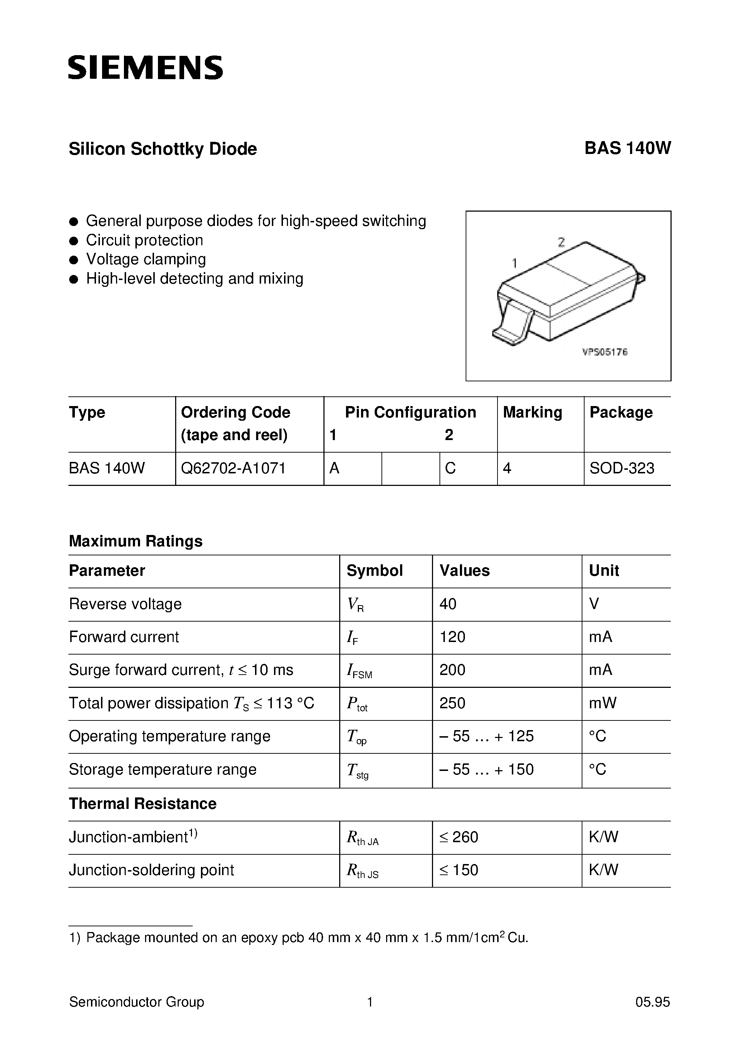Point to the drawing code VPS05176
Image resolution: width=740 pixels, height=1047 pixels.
605,352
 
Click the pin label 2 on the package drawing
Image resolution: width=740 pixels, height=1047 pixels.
561,242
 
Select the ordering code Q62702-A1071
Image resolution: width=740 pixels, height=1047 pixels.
233,468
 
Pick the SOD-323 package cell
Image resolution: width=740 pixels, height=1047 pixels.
621,468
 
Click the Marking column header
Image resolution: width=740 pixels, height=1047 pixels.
532,412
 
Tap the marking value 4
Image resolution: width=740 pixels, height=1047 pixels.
507,468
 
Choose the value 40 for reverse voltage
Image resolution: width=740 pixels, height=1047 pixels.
448,604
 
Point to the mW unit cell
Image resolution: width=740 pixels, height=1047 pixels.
602,703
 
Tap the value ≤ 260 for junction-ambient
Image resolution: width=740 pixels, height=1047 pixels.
458,837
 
